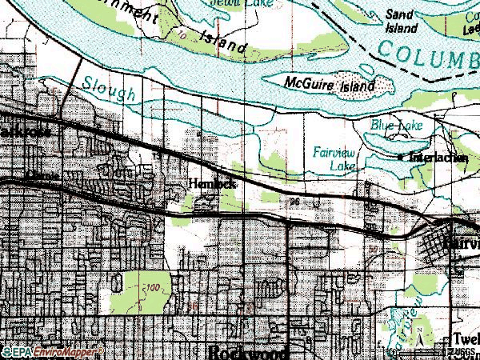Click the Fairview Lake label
click(x=335, y=157)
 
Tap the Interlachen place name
click(x=438, y=158)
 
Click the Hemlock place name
click(x=214, y=183)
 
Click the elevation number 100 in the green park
click(x=154, y=286)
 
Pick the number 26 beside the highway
click(x=297, y=201)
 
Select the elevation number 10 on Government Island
click(x=183, y=36)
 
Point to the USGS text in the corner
click(x=463, y=351)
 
